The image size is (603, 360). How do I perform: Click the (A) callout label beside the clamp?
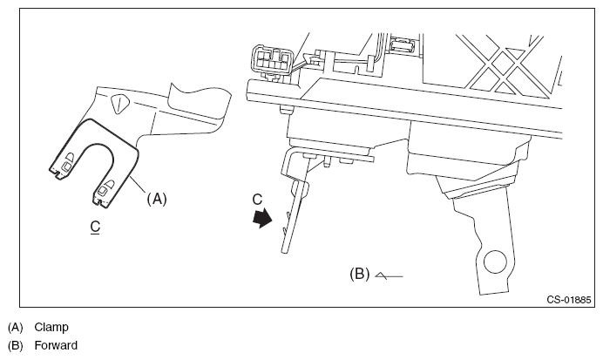click(x=155, y=199)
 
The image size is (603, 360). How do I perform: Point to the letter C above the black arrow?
click(x=257, y=200)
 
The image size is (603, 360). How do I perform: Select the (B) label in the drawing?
click(x=359, y=274)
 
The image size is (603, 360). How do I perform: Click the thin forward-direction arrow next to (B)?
click(x=387, y=275)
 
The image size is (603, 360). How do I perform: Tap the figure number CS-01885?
click(x=569, y=300)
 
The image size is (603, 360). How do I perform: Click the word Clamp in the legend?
click(x=51, y=328)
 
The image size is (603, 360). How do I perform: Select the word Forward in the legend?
click(x=56, y=346)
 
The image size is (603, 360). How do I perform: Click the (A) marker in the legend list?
click(x=15, y=328)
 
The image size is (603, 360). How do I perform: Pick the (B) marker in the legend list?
click(x=15, y=346)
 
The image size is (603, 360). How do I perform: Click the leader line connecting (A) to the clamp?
click(x=139, y=187)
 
